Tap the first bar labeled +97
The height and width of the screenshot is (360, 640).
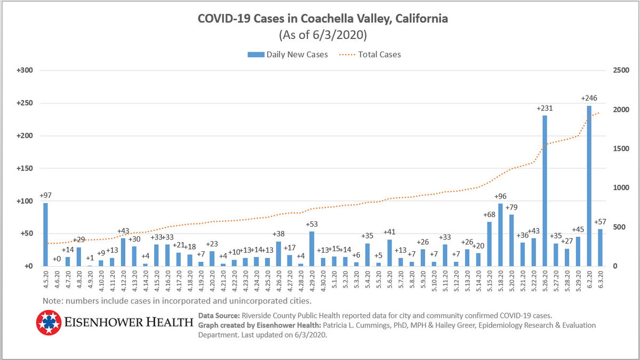(x=45, y=234)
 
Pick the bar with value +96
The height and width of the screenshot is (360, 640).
(x=500, y=235)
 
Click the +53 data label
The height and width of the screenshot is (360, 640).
(x=311, y=224)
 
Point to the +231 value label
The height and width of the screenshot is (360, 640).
(x=545, y=108)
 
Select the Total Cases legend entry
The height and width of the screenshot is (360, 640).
(x=379, y=54)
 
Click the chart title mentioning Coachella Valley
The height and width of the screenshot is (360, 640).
(x=323, y=20)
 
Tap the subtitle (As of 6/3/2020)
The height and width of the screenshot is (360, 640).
(x=323, y=36)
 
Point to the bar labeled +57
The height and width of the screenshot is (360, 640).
(x=601, y=247)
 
